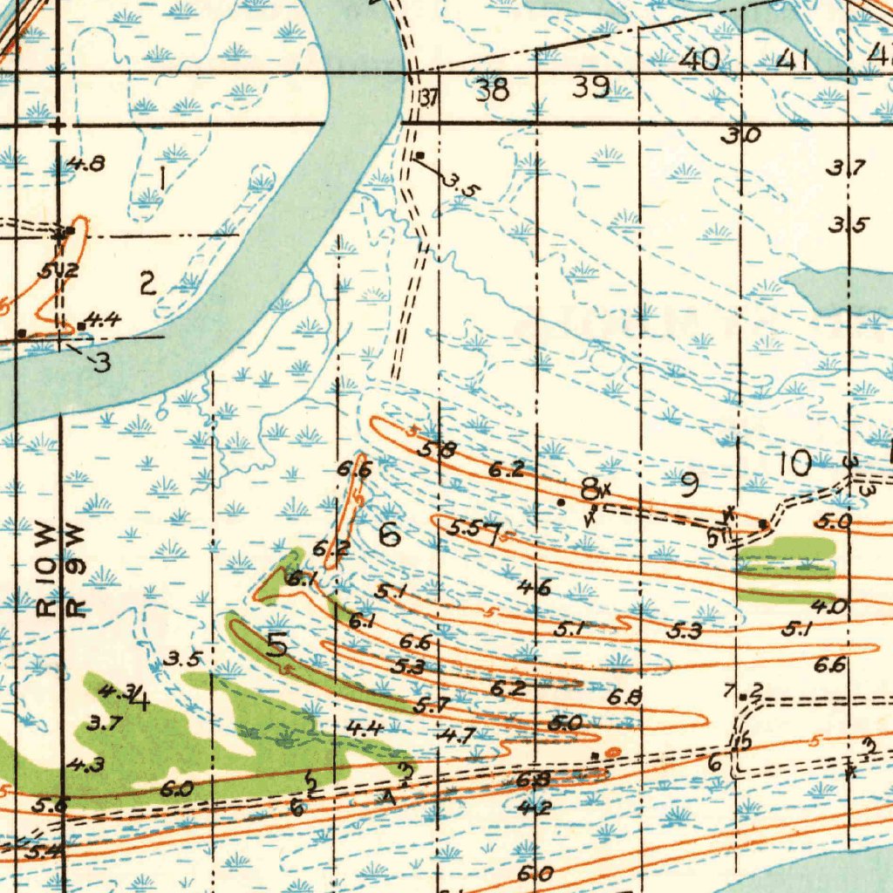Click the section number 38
[493, 89]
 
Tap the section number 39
[590, 87]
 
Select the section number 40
[699, 59]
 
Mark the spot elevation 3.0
[741, 135]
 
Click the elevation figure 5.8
[437, 450]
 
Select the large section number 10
[794, 463]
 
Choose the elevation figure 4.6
[533, 588]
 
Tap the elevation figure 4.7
[456, 735]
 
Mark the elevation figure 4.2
[534, 808]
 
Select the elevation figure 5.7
[432, 704]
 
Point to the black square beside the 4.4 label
[81, 326]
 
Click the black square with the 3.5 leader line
[419, 155]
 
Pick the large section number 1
[164, 179]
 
